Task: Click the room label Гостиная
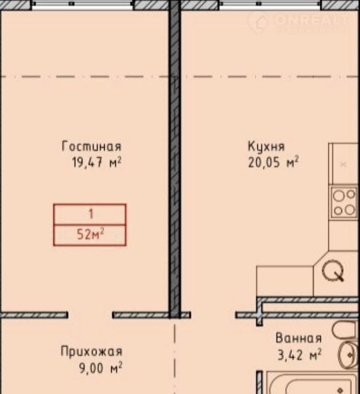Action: click(92, 146)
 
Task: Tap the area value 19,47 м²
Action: click(97, 162)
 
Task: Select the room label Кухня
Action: click(266, 146)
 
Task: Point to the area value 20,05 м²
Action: click(274, 162)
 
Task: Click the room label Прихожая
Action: click(92, 351)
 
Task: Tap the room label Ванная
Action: click(299, 338)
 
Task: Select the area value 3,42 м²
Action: click(300, 355)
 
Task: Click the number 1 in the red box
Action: click(91, 214)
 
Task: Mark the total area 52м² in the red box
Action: click(90, 235)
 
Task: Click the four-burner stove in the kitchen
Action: click(344, 202)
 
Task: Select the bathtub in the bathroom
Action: click(312, 382)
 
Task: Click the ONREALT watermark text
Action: click(312, 20)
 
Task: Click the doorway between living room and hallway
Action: click(90, 315)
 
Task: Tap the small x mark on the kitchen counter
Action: click(343, 165)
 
